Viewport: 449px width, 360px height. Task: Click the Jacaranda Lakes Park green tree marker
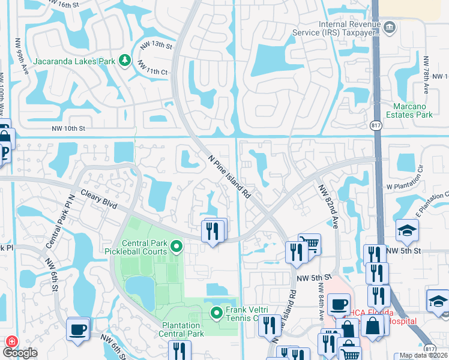click(124, 60)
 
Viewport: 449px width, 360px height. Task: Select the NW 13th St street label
click(156, 45)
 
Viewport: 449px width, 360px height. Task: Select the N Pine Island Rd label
click(229, 176)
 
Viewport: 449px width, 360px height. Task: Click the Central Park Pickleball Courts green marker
click(176, 246)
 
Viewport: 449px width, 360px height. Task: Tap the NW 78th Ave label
click(426, 75)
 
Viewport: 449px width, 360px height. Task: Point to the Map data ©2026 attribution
click(423, 355)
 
